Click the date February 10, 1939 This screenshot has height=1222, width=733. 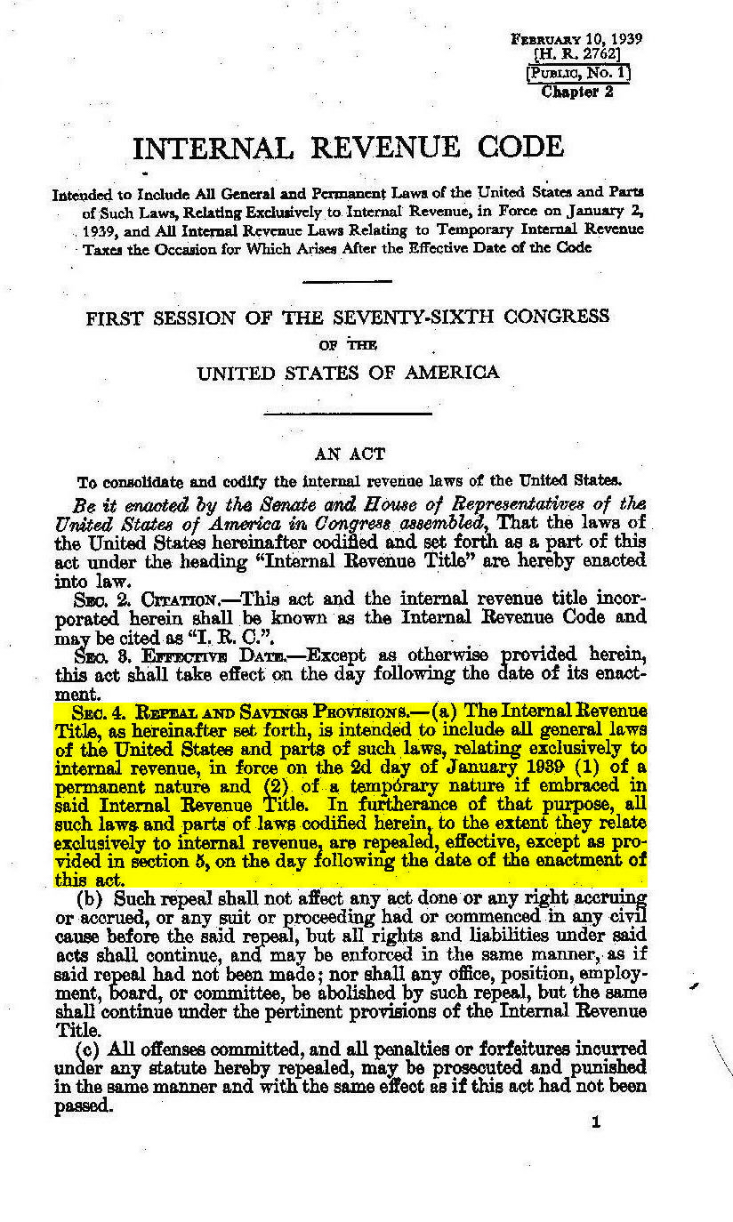[x=576, y=39]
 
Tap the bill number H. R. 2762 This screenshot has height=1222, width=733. [x=576, y=54]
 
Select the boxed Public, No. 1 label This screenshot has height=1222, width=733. [x=577, y=73]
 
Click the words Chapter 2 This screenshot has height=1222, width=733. [x=577, y=91]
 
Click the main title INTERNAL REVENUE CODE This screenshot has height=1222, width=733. [x=348, y=148]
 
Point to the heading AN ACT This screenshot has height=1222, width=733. [x=350, y=454]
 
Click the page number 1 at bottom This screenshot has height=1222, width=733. [x=595, y=1122]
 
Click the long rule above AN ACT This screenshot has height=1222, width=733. [x=349, y=413]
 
